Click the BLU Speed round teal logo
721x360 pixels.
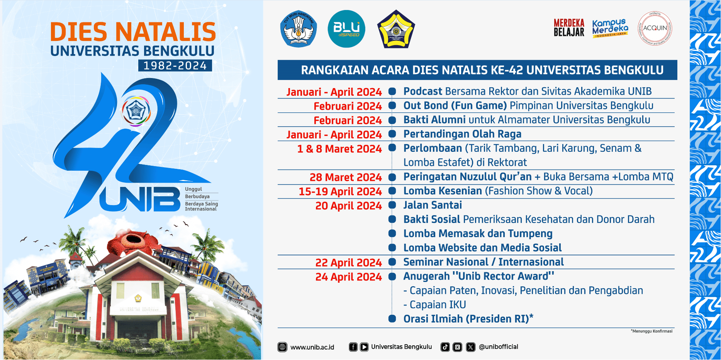click(x=346, y=29)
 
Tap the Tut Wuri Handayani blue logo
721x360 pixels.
click(x=299, y=29)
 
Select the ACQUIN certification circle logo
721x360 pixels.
click(x=655, y=28)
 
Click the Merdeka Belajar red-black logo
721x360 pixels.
click(x=569, y=28)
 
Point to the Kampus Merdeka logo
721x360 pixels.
click(x=610, y=28)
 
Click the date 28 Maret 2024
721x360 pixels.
click(x=346, y=177)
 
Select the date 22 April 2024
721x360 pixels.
click(x=348, y=263)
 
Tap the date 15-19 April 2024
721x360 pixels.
click(x=340, y=192)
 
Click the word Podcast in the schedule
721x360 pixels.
click(x=422, y=92)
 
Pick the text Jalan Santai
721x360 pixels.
click(x=433, y=205)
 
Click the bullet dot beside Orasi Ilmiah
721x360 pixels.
click(x=392, y=319)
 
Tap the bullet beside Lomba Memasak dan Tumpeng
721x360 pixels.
click(x=392, y=233)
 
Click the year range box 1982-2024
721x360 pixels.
click(x=175, y=66)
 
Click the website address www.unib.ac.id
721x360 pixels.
click(x=312, y=347)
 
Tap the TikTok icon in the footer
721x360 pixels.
click(x=445, y=347)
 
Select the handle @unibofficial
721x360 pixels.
click(x=498, y=347)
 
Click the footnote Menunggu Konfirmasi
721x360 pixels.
click(x=652, y=331)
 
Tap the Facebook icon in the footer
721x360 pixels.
click(x=353, y=347)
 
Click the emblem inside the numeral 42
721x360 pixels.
click(x=136, y=111)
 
